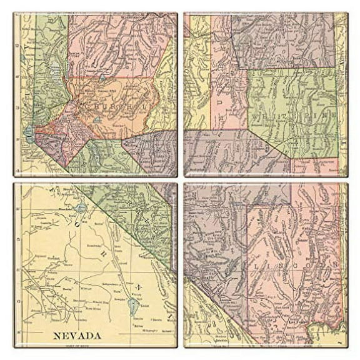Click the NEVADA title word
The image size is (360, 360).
pos(77,336)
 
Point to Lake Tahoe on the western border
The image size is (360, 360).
pos(29,132)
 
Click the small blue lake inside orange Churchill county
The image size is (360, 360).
pos(102,79)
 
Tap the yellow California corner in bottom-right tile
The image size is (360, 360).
pos(206,325)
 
